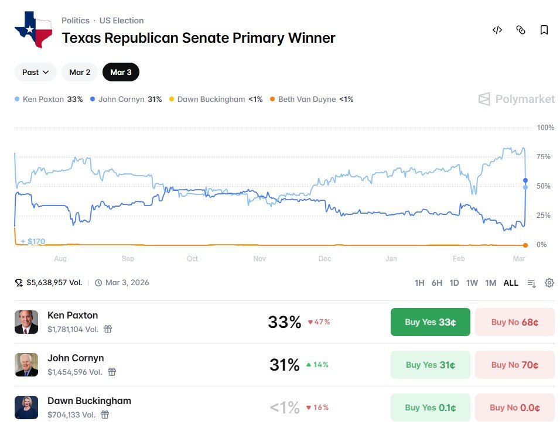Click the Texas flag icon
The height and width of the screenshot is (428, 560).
pyautogui.click(x=33, y=29)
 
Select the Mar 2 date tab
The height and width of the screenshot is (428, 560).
pyautogui.click(x=80, y=72)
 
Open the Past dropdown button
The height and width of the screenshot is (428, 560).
pyautogui.click(x=35, y=72)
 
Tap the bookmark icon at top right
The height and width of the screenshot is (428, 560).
pyautogui.click(x=544, y=30)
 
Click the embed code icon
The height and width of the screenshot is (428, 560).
pyautogui.click(x=497, y=30)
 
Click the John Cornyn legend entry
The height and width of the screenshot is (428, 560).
pyautogui.click(x=125, y=100)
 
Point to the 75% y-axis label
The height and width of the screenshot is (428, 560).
pyautogui.click(x=544, y=157)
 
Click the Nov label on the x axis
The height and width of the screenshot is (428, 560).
pyautogui.click(x=259, y=259)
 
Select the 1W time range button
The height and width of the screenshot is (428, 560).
pyautogui.click(x=472, y=283)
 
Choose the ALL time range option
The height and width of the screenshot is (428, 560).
pyautogui.click(x=511, y=283)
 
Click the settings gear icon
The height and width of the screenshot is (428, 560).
pyautogui.click(x=549, y=283)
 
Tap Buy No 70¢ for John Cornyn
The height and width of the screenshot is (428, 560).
pyautogui.click(x=514, y=365)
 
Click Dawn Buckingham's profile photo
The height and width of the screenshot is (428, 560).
pyautogui.click(x=26, y=408)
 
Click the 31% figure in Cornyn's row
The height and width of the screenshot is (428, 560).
pyautogui.click(x=285, y=365)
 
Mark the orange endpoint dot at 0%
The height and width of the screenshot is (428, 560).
pyautogui.click(x=525, y=245)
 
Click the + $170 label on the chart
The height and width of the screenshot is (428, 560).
pyautogui.click(x=33, y=241)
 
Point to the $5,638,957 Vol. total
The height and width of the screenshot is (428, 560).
pyautogui.click(x=54, y=283)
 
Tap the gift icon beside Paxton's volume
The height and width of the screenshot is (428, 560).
pyautogui.click(x=108, y=329)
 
